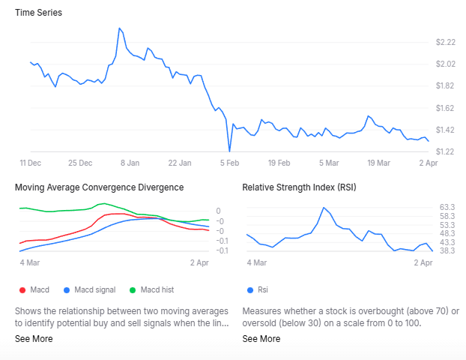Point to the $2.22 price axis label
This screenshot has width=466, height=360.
coord(445,42)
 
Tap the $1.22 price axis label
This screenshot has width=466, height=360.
coord(445,151)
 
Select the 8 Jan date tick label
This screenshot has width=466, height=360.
coord(130,163)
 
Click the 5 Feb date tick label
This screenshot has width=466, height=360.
coord(229,163)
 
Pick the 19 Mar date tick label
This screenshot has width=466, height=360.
coord(378,163)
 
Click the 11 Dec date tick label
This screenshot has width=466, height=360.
coord(30,163)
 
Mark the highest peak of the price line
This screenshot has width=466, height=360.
coord(119,28)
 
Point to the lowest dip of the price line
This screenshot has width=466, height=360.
coord(230,151)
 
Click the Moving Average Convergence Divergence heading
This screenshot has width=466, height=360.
coord(100,187)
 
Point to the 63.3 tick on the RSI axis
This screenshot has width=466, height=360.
coord(448,207)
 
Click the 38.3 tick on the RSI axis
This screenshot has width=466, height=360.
coord(448,251)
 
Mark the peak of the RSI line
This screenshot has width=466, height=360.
coord(324,208)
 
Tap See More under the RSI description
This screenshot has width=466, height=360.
coord(261,339)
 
